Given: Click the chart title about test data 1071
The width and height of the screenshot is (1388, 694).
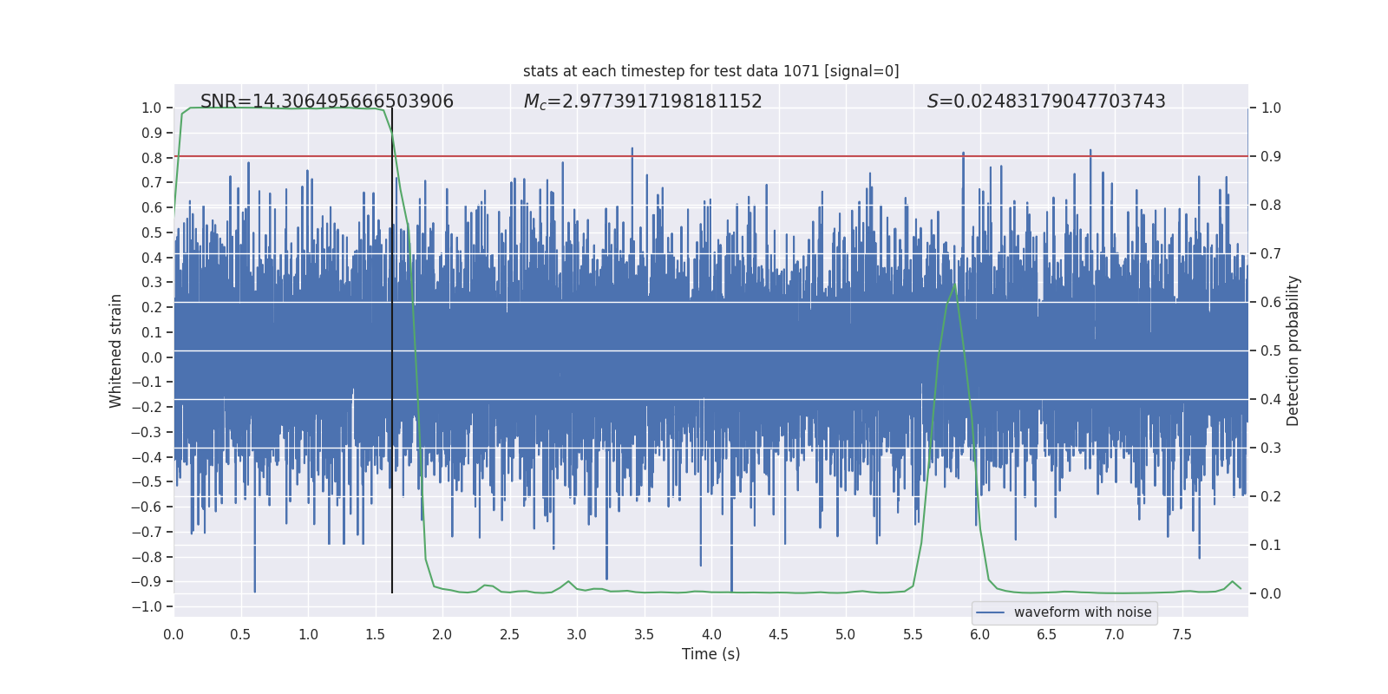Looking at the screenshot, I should (x=710, y=71).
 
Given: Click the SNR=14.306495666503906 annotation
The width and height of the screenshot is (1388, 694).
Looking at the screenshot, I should (x=327, y=101).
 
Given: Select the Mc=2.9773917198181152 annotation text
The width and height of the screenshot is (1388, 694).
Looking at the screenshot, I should (x=643, y=101).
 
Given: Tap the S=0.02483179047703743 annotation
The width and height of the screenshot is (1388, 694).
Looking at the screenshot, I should (x=1046, y=101).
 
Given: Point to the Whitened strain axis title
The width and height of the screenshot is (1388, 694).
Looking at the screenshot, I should (x=116, y=350).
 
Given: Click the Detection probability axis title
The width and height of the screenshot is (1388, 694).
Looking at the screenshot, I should (x=1293, y=350).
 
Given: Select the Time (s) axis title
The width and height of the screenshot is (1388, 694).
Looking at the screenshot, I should (x=710, y=654).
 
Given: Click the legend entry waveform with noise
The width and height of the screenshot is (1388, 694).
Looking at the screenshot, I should (x=1082, y=612).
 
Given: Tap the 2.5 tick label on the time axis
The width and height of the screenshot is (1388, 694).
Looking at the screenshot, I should (x=509, y=635).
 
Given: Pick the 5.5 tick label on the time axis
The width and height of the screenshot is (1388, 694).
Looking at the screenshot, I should (x=913, y=635).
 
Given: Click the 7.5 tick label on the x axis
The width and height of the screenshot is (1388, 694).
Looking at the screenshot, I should (x=1182, y=635).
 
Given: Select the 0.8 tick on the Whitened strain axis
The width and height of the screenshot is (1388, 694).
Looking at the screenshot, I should (x=151, y=158).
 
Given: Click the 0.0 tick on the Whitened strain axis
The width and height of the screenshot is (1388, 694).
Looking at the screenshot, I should (x=151, y=357).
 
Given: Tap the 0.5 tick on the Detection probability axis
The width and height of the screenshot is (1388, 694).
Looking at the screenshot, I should (x=1271, y=351).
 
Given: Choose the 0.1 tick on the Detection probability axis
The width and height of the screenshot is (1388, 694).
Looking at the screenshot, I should (x=1271, y=546).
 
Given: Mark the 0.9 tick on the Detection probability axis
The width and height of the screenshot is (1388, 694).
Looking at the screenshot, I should (x=1271, y=157).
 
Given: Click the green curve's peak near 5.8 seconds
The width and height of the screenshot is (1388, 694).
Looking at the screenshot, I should (x=954, y=285).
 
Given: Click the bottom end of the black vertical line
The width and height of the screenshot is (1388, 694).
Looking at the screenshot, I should (x=392, y=592).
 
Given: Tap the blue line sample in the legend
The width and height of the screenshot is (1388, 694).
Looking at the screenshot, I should (x=990, y=612).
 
